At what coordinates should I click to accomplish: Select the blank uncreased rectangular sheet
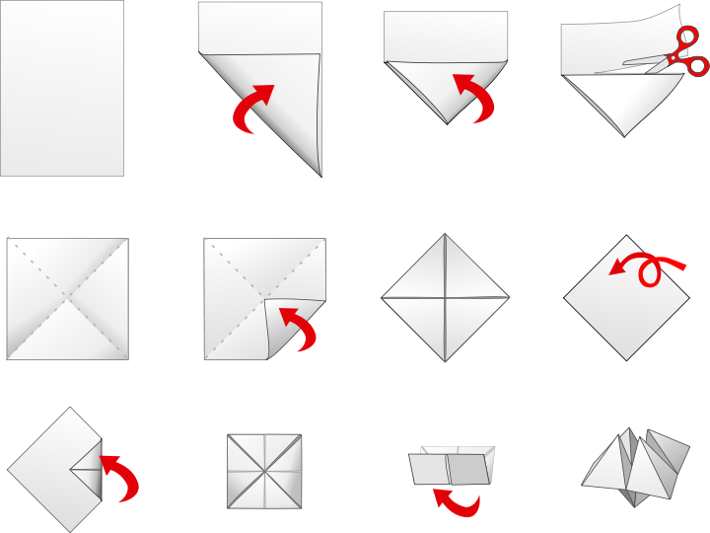click(62, 88)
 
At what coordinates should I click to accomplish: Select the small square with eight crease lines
click(264, 471)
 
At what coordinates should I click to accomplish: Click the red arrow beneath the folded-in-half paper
click(457, 502)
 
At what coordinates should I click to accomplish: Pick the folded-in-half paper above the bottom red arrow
click(452, 466)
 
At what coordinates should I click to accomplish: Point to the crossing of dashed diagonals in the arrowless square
click(68, 296)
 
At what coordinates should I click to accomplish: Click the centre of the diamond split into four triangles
click(446, 296)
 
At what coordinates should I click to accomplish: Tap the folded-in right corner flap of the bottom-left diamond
click(87, 468)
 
